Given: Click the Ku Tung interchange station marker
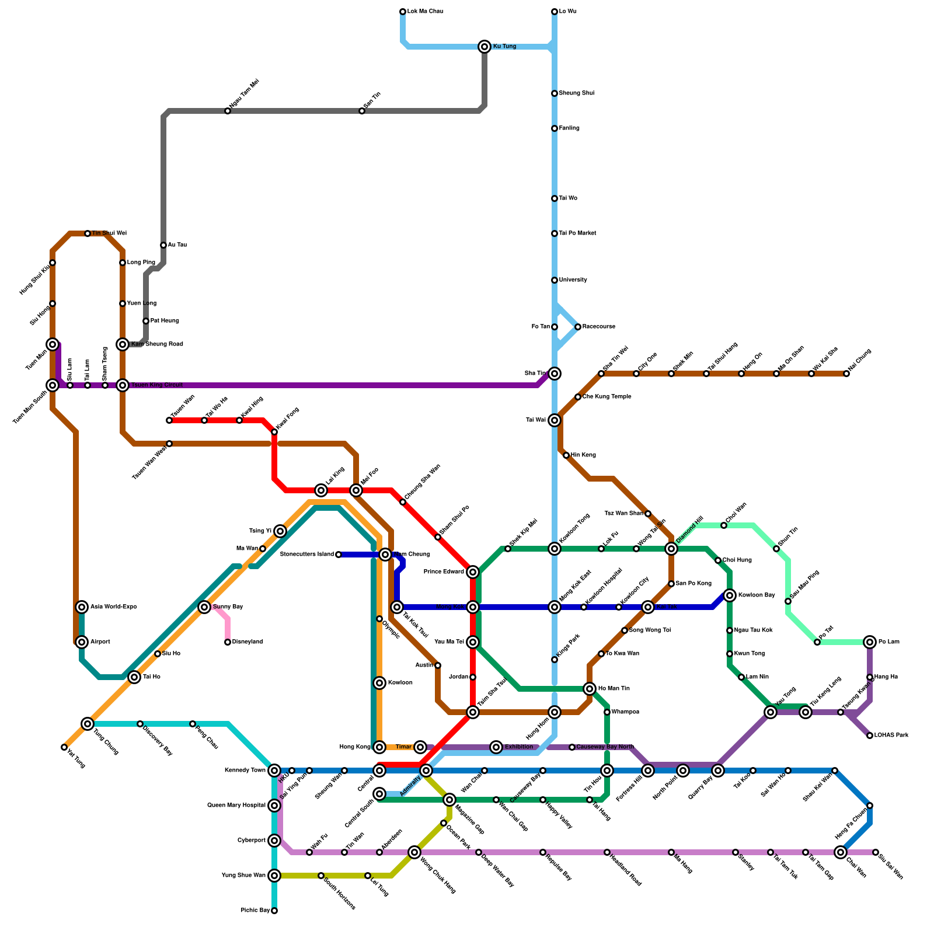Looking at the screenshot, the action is (x=485, y=47).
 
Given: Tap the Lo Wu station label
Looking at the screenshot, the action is (x=568, y=12).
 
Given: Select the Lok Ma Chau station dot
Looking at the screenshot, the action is (x=403, y=12).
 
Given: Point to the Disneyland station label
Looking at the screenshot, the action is (x=248, y=642).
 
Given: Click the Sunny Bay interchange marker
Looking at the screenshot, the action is (x=204, y=607).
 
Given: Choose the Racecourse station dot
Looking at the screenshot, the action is (x=578, y=327).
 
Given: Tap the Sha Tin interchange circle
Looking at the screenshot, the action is (x=555, y=374).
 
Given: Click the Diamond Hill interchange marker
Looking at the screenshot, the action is (x=671, y=549).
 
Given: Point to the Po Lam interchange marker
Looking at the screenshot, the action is (x=870, y=642).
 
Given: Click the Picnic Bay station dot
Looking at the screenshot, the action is (x=274, y=911).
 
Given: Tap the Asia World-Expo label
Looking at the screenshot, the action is (x=114, y=607).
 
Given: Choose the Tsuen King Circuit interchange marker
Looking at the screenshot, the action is (x=123, y=385).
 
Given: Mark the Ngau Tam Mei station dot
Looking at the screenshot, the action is (x=228, y=111).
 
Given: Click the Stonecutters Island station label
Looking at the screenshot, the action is (x=307, y=555).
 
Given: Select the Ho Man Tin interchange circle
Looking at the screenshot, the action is (x=590, y=689).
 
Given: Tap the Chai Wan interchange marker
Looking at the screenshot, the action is (x=841, y=852).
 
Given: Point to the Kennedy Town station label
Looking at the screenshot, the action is (x=245, y=771).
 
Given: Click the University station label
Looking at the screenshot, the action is (x=573, y=280).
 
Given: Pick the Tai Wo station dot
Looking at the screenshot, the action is (x=555, y=198).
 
